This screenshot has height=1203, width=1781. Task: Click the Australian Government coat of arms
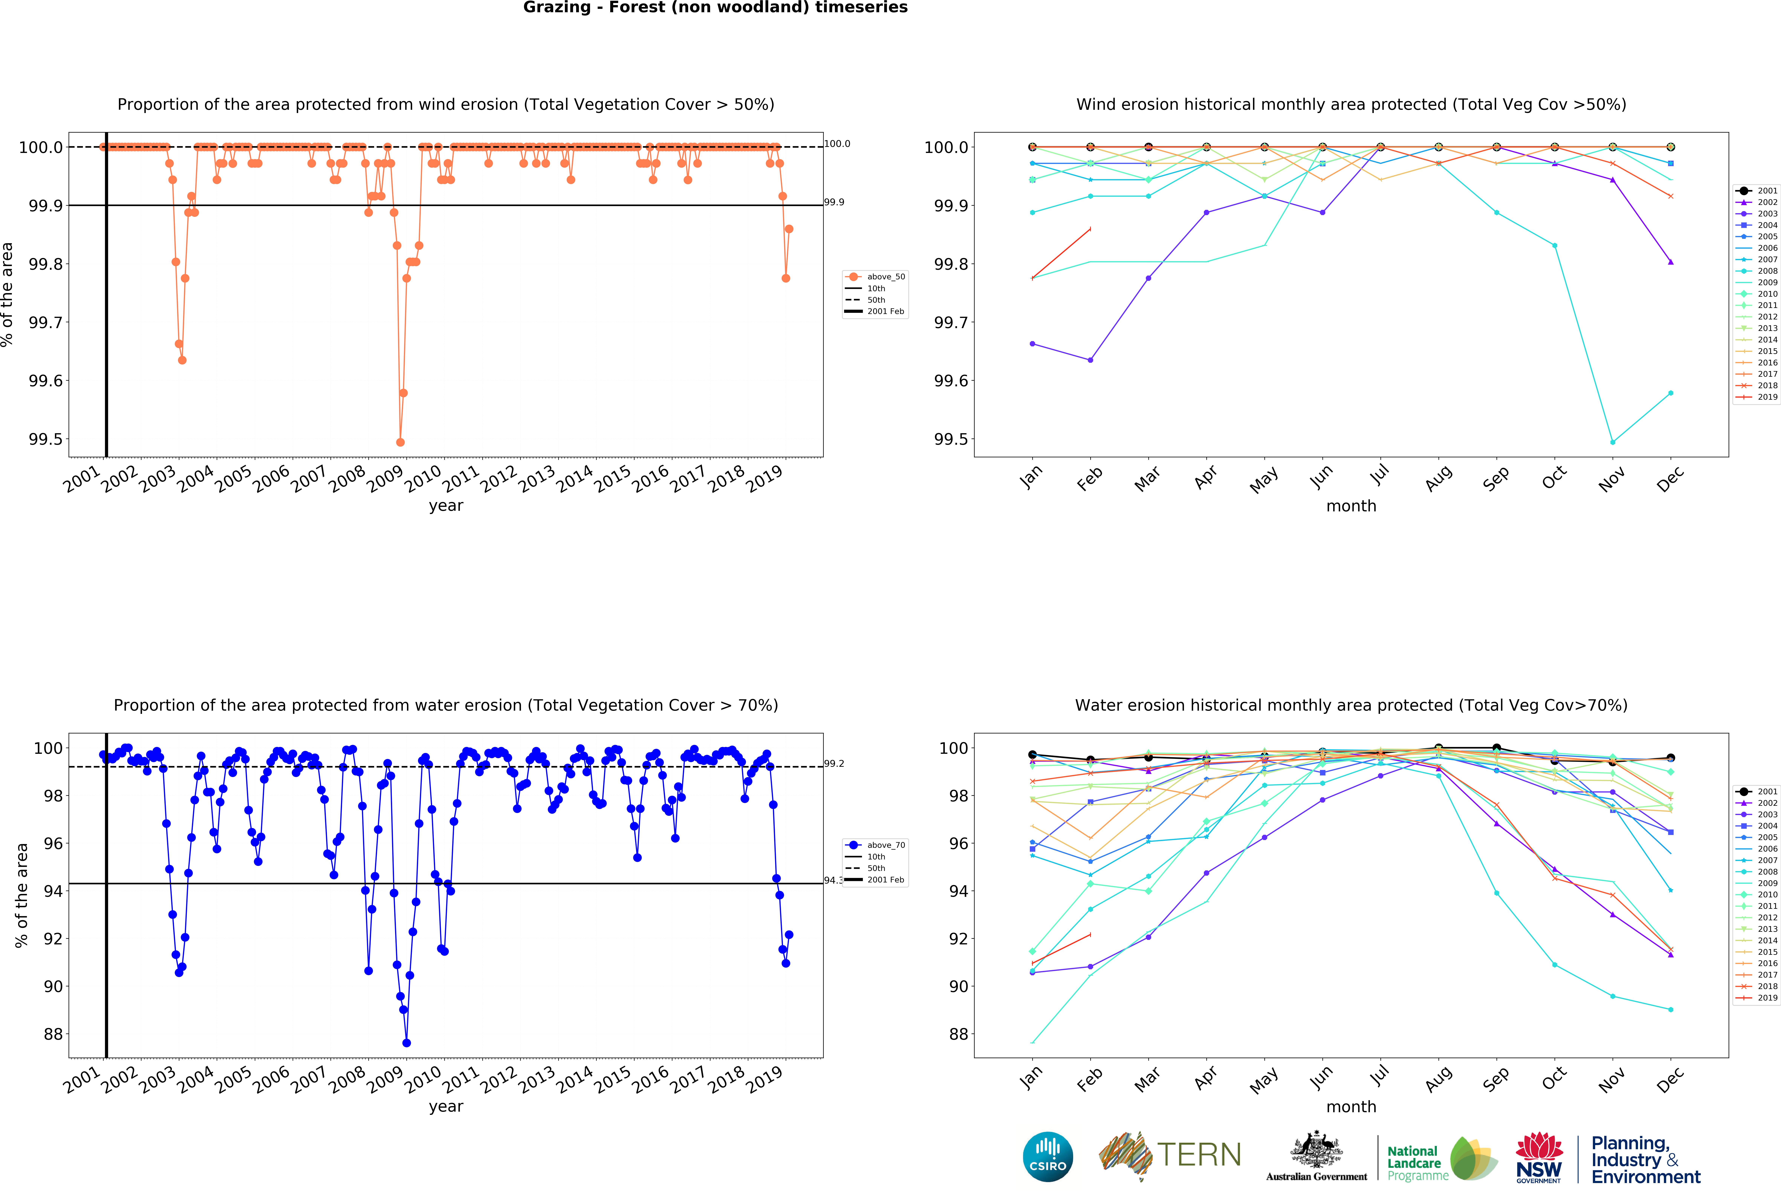coord(1316,1149)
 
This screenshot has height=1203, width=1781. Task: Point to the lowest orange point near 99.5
coord(400,442)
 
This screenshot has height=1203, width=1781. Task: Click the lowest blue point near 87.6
coord(406,1043)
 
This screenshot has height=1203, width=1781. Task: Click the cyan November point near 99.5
coord(1612,442)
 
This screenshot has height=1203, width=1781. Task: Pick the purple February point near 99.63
coord(1090,360)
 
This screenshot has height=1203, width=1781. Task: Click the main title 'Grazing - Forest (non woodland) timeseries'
coord(715,8)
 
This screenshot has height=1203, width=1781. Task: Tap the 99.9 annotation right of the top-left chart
coord(834,202)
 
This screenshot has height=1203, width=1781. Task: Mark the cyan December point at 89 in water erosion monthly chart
coord(1671,1010)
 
